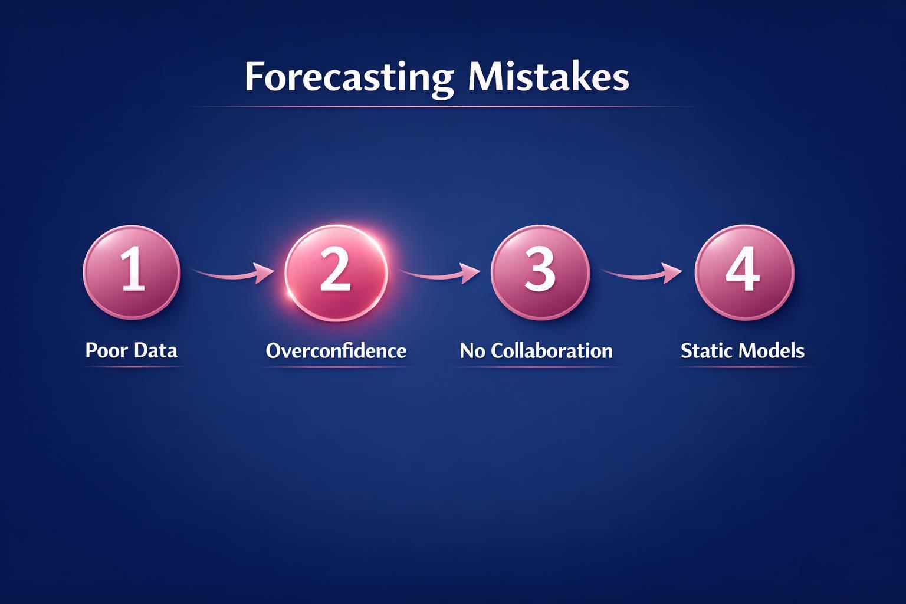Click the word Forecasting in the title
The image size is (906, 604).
click(x=349, y=77)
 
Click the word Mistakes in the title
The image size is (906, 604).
click(x=549, y=77)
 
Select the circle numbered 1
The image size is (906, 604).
click(x=132, y=272)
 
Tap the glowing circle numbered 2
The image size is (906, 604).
click(x=336, y=272)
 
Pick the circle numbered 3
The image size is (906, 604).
click(x=540, y=272)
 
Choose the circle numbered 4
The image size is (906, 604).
click(x=744, y=272)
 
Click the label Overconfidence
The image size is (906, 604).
click(x=336, y=351)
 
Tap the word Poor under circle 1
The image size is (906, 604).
click(x=106, y=350)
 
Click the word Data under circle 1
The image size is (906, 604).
click(x=155, y=350)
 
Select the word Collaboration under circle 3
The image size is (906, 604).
click(x=552, y=351)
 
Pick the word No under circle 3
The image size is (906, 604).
click(x=472, y=351)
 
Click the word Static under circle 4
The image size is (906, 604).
click(x=705, y=351)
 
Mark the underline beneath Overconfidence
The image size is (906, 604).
click(x=336, y=367)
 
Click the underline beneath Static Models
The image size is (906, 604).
click(x=744, y=367)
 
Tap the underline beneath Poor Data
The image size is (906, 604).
click(x=132, y=367)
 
